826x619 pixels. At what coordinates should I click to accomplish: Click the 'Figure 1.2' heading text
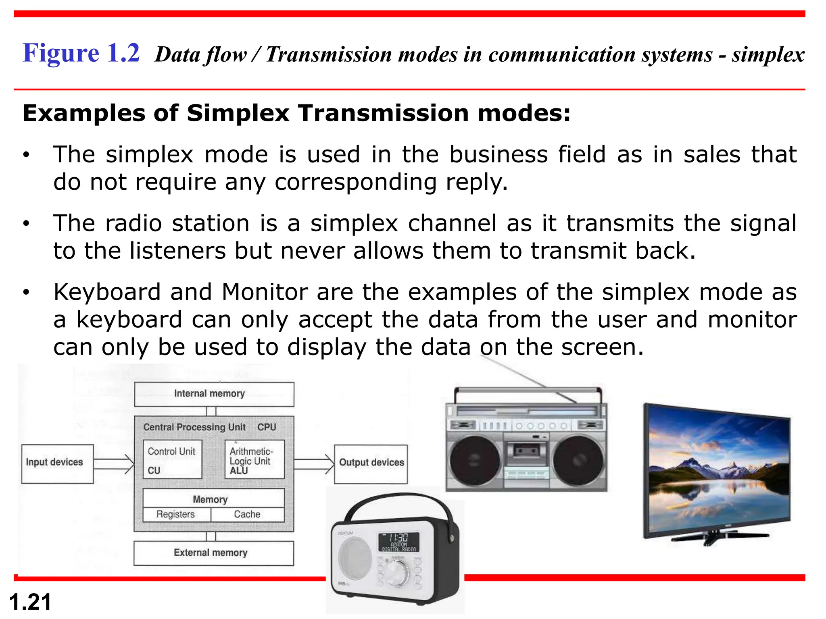click(x=81, y=53)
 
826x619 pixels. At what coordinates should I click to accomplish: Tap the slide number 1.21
click(x=30, y=602)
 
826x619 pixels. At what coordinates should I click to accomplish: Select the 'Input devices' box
click(x=57, y=463)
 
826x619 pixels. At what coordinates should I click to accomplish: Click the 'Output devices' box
click(x=371, y=463)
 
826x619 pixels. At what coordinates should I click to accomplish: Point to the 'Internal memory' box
click(x=214, y=394)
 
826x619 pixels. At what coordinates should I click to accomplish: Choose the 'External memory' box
click(x=213, y=553)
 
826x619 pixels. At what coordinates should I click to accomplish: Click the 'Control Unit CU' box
click(x=172, y=459)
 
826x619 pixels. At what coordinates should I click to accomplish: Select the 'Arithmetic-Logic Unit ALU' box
click(x=254, y=459)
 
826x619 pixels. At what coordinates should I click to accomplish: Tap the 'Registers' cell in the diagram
click(x=176, y=515)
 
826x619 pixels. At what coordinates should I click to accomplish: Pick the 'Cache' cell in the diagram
click(x=247, y=515)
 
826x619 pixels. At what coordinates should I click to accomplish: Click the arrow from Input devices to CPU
click(x=114, y=464)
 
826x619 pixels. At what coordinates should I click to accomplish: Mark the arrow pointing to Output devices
click(x=314, y=464)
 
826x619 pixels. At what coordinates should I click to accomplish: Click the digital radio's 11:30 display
click(x=398, y=542)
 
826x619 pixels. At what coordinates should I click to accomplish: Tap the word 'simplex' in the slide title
click(x=768, y=54)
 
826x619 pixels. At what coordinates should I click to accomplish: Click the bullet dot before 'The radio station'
click(x=26, y=224)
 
